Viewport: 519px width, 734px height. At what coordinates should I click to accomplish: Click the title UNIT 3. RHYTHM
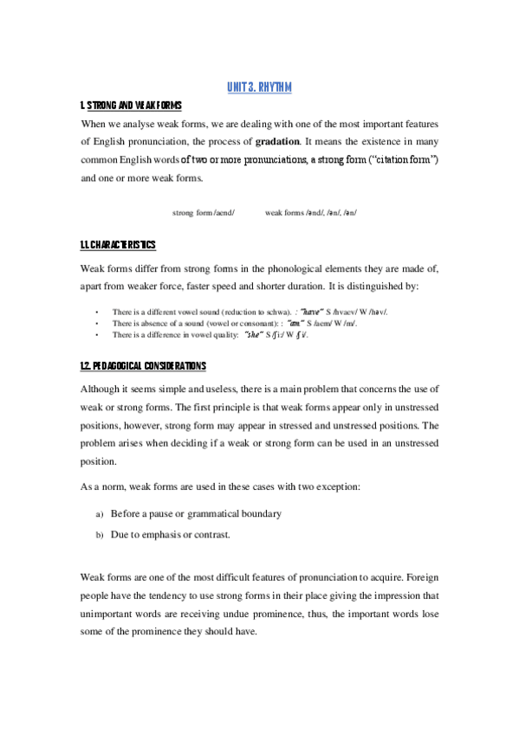tap(259, 87)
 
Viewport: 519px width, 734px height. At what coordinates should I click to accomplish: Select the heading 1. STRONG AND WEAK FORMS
tap(130, 106)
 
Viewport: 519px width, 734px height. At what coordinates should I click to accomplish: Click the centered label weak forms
tap(290, 212)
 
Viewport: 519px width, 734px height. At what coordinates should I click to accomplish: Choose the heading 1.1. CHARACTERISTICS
tap(118, 246)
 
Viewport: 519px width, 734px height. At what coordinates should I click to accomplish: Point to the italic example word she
tap(256, 334)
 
